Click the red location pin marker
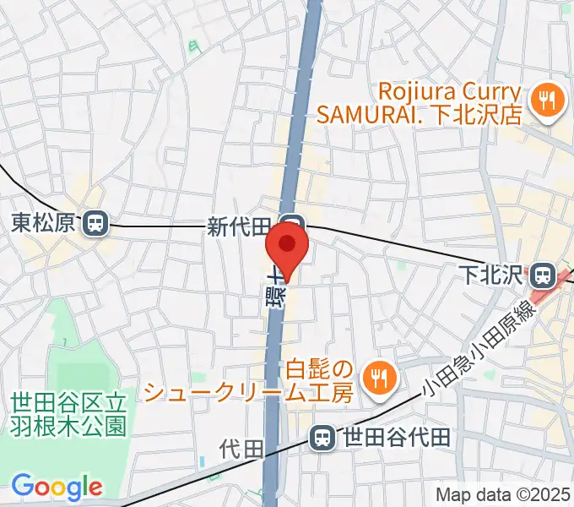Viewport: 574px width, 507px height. [x=287, y=247]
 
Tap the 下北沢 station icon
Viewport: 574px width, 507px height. [x=543, y=275]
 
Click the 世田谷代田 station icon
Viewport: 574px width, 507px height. [x=322, y=438]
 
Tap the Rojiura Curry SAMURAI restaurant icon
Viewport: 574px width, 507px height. [x=545, y=101]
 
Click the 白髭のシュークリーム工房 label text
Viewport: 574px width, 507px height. [x=246, y=381]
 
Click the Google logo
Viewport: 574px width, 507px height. [x=57, y=487]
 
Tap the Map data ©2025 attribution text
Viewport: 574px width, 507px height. [x=503, y=494]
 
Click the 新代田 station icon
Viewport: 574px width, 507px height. [x=294, y=224]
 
